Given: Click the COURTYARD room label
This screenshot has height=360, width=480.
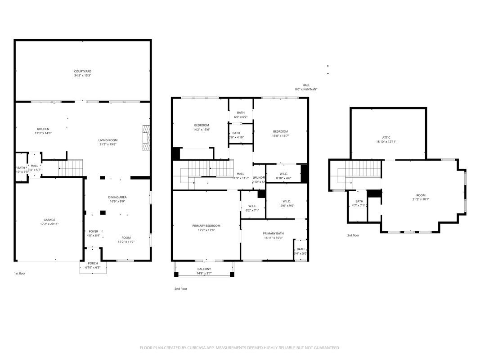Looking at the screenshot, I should pyautogui.click(x=83, y=71).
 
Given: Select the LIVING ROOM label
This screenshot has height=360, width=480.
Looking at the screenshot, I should pyautogui.click(x=108, y=140).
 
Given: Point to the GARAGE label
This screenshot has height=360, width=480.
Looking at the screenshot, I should pyautogui.click(x=49, y=220).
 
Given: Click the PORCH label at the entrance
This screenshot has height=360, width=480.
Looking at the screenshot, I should pyautogui.click(x=93, y=263).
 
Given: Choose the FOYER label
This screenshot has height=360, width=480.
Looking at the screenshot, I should pyautogui.click(x=93, y=231).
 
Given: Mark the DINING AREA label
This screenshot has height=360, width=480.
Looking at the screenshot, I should pyautogui.click(x=117, y=197).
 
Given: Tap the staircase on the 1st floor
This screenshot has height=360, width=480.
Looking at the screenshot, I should pyautogui.click(x=72, y=168).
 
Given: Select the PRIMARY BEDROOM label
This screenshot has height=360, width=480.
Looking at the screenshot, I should pyautogui.click(x=206, y=225).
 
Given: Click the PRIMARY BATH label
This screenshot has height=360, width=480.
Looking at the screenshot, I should pyautogui.click(x=274, y=233).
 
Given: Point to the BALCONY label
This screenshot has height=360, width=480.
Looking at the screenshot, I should pyautogui.click(x=204, y=269).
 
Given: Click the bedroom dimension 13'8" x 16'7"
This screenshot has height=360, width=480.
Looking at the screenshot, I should pyautogui.click(x=280, y=136).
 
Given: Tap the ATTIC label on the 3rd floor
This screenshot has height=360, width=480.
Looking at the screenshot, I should pyautogui.click(x=386, y=137).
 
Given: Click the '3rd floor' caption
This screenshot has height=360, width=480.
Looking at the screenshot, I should pyautogui.click(x=353, y=235).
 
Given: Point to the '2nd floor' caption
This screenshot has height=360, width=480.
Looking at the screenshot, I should pyautogui.click(x=181, y=288).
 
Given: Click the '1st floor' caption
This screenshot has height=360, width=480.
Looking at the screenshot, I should pyautogui.click(x=20, y=273).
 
